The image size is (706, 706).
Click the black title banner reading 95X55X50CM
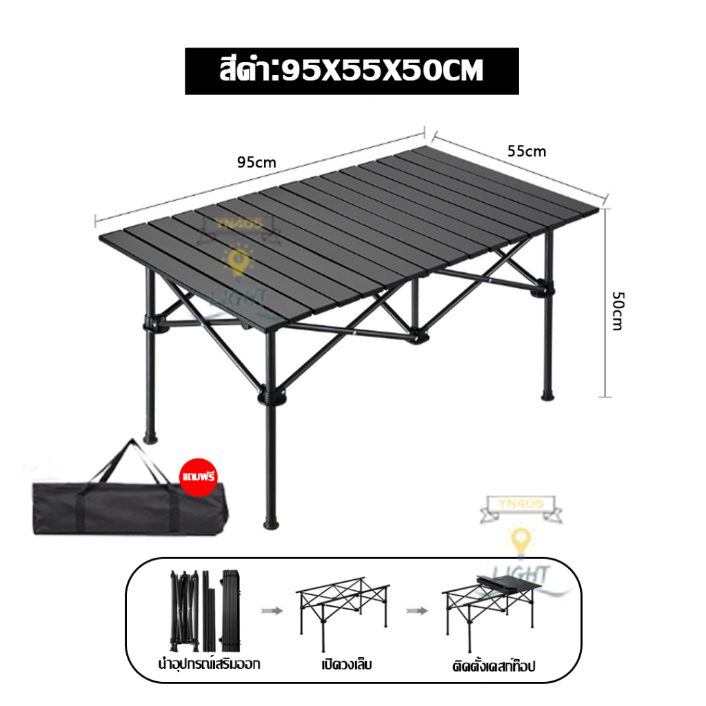(352, 71)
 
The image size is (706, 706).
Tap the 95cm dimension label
(256, 163)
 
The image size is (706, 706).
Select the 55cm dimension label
(527, 151)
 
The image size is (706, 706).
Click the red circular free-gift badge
(199, 476)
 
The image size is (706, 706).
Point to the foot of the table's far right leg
(547, 396)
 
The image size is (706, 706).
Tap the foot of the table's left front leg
(150, 438)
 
